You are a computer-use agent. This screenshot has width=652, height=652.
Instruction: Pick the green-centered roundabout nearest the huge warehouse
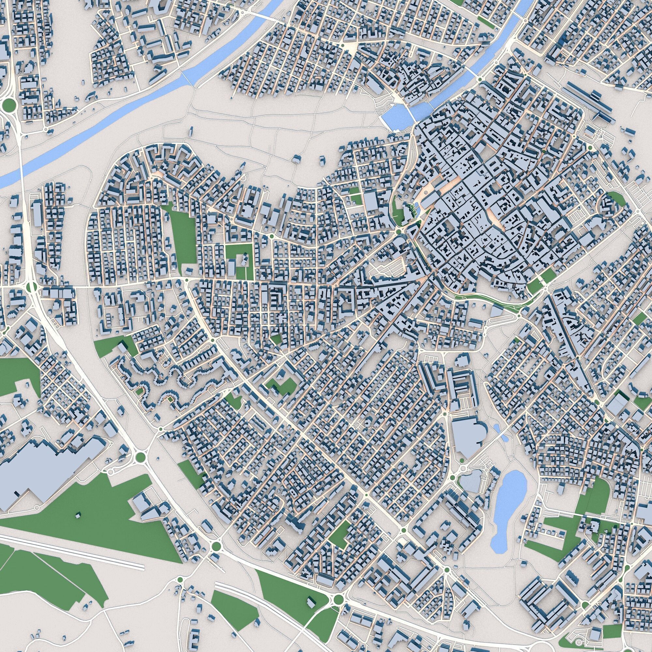click(x=140, y=457)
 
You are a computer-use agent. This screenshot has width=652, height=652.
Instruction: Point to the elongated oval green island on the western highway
click(x=32, y=287)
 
